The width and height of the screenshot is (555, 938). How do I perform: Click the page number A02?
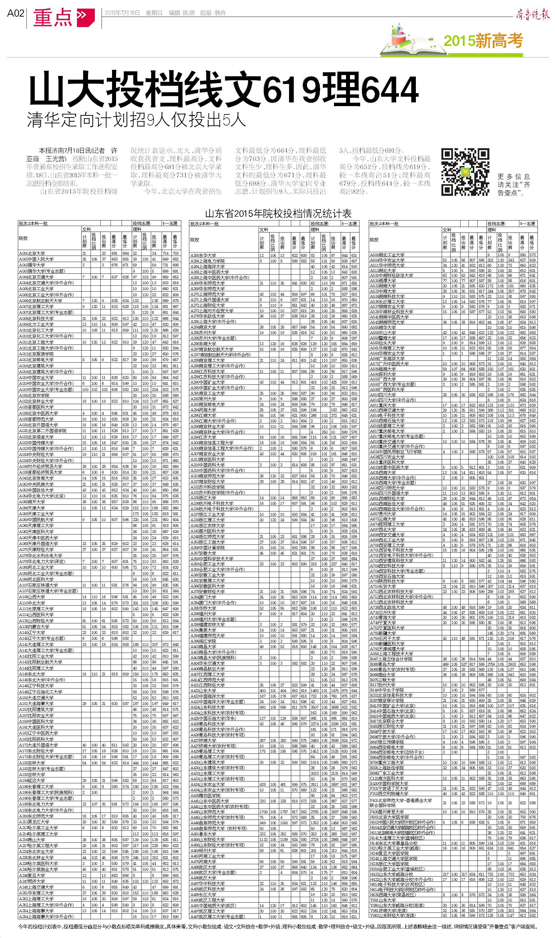point(15,14)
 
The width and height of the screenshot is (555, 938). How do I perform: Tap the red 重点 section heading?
point(52,17)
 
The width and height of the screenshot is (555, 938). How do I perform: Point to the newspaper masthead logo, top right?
point(533,14)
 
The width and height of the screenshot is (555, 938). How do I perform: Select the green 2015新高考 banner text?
point(483,40)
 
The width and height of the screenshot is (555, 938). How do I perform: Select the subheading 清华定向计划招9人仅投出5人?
point(136,120)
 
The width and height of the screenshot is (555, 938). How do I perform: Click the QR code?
point(465,172)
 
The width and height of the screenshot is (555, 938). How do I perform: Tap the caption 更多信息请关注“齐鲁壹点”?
point(513,185)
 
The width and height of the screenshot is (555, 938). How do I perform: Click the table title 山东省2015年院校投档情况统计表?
point(278,214)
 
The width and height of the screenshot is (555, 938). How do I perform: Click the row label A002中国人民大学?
point(36,259)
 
